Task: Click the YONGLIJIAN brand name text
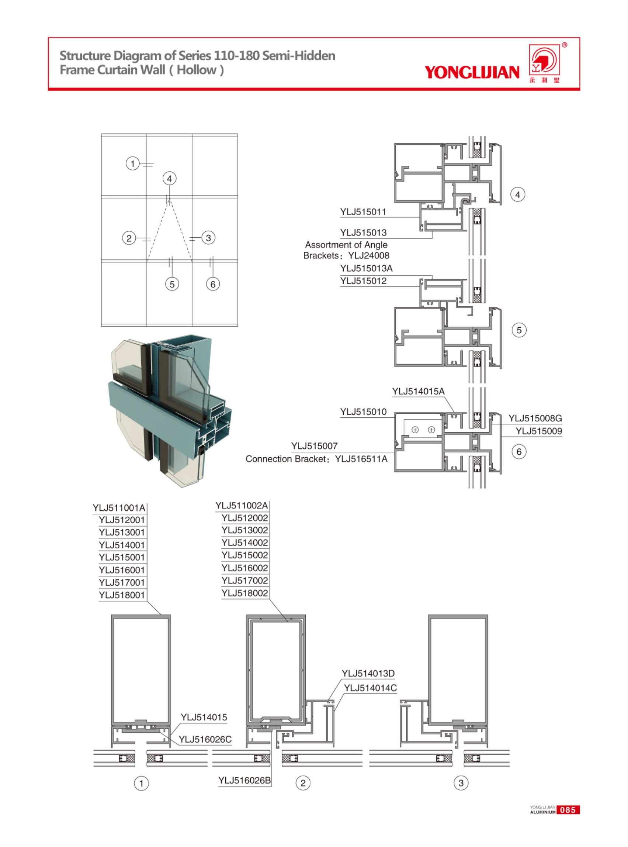(x=471, y=72)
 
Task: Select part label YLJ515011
(x=363, y=212)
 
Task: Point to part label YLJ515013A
(x=366, y=268)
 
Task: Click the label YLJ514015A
(x=418, y=391)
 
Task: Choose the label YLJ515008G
(x=535, y=418)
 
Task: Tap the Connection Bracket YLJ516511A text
(x=316, y=459)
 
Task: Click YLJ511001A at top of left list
(x=119, y=507)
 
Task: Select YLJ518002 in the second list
(x=245, y=593)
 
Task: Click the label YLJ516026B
(x=244, y=781)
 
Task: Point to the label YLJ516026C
(x=205, y=739)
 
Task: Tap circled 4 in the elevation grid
(x=170, y=179)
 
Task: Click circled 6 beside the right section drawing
(x=519, y=452)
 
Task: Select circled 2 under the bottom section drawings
(x=303, y=783)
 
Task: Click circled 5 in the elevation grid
(x=172, y=284)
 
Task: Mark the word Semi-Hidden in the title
(x=299, y=56)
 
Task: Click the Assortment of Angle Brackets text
(x=346, y=250)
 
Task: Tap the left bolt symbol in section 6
(x=415, y=430)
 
